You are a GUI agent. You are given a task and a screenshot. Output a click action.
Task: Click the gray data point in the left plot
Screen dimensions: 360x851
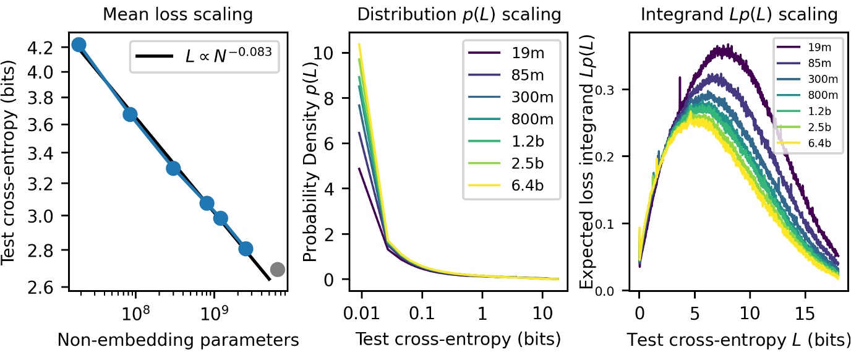coord(277,269)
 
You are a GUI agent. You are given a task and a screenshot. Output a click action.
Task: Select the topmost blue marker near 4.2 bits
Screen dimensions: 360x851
coord(79,45)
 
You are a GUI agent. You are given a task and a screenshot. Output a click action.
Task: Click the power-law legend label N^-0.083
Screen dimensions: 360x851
coord(228,57)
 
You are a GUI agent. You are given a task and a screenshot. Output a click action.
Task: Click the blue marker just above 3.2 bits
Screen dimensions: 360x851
coord(173,168)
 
